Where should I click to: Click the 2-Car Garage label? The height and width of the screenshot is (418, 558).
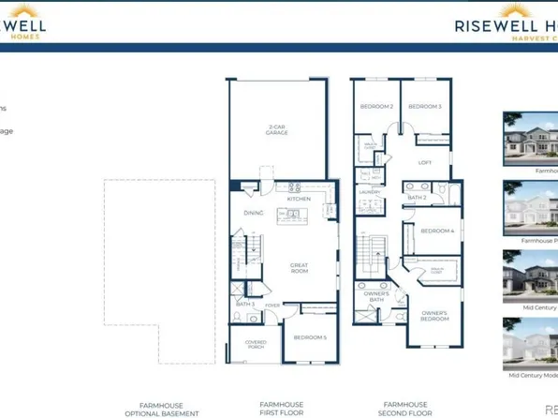click(x=276, y=130)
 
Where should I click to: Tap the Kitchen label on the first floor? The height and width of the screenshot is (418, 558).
click(x=299, y=199)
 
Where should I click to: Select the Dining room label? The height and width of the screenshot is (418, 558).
click(x=254, y=214)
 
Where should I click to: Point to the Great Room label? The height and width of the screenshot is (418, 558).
click(x=299, y=267)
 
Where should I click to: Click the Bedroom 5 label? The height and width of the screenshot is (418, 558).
click(x=310, y=336)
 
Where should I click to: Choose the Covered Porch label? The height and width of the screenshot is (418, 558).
click(x=256, y=345)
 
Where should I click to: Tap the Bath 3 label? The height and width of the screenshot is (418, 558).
click(x=245, y=304)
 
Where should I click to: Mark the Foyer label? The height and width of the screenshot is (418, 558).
click(x=272, y=305)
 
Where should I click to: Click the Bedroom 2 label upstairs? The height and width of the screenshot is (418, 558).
click(x=376, y=107)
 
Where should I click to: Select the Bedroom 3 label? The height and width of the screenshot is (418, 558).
click(x=424, y=107)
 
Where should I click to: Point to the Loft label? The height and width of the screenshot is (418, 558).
click(x=424, y=162)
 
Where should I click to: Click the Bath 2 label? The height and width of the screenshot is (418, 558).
click(x=417, y=198)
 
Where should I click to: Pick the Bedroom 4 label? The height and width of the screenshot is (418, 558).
click(x=437, y=231)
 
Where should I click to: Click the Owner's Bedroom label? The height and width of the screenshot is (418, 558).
click(x=433, y=315)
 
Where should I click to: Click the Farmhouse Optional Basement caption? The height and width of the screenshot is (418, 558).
click(x=162, y=408)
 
